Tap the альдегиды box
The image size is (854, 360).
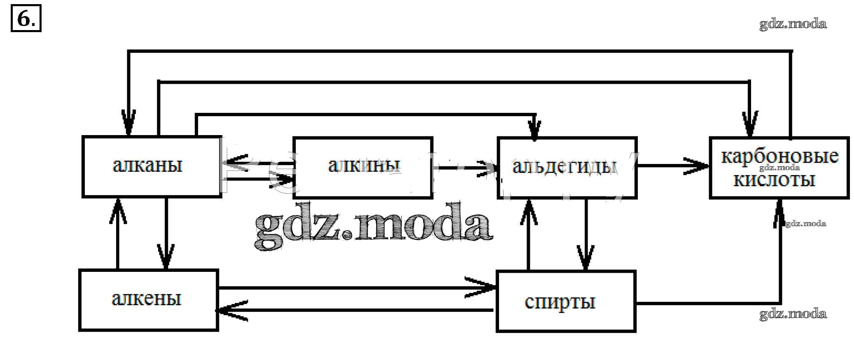[x=567, y=167]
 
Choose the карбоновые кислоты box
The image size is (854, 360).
[x=779, y=168]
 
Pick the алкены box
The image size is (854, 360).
[x=148, y=300]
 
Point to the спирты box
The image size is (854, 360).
[x=566, y=301]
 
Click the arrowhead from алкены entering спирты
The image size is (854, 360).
[x=484, y=287]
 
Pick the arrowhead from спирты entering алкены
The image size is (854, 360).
[x=231, y=311]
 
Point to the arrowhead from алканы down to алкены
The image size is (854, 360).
[x=166, y=257]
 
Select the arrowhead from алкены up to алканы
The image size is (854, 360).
[x=118, y=210]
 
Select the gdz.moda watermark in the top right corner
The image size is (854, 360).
[x=793, y=24]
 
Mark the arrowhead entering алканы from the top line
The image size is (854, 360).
[x=128, y=123]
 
